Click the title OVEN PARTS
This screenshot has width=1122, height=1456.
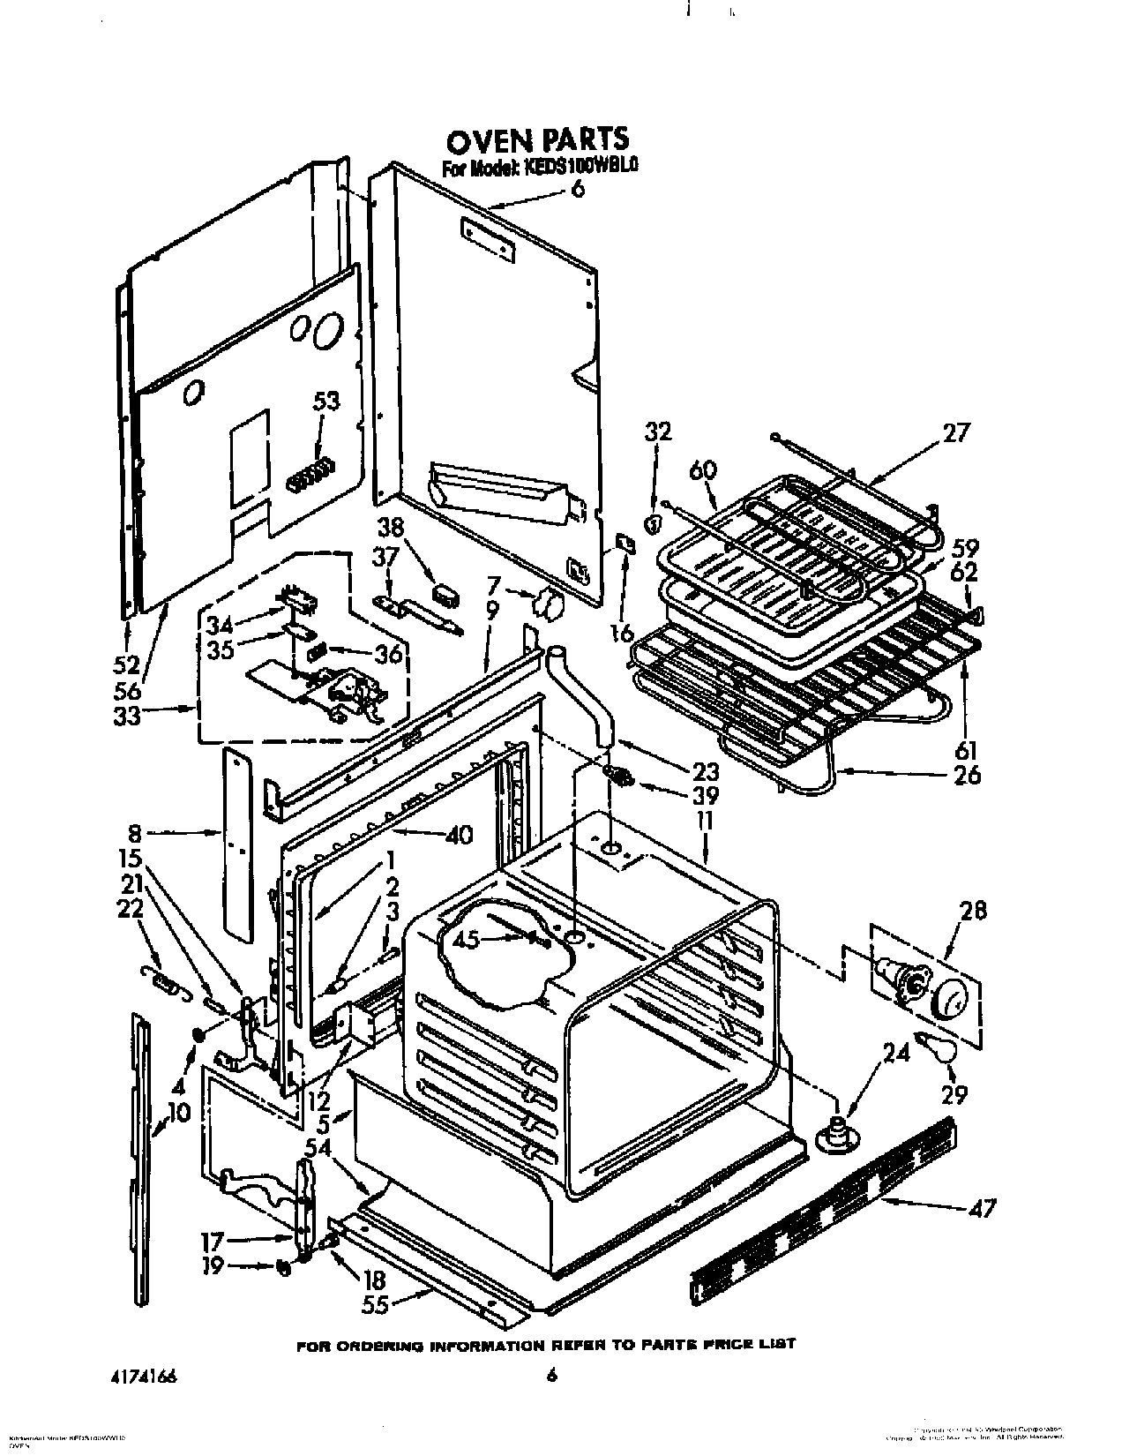537,139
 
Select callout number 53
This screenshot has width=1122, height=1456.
325,402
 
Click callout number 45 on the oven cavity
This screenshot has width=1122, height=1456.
466,941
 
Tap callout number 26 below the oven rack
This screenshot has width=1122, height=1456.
967,775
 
